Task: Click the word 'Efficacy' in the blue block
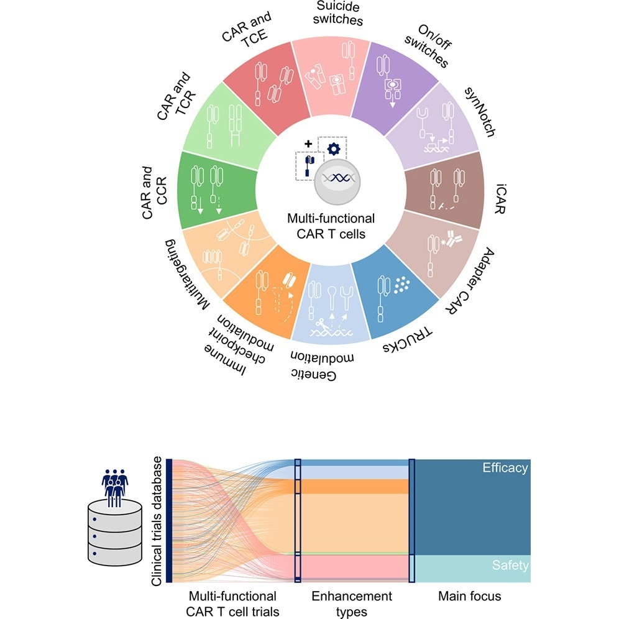click(x=505, y=468)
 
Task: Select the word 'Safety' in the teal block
click(x=510, y=565)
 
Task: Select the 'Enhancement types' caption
click(x=351, y=603)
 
